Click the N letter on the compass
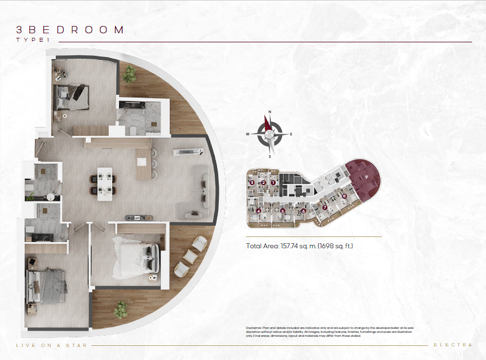tap(270, 112)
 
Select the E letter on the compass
tap(291, 134)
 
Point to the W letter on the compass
tap(248, 134)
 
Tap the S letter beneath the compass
tap(269, 156)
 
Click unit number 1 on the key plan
tap(273, 182)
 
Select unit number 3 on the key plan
tap(251, 182)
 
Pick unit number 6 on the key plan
tap(303, 211)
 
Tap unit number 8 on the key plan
tap(344, 196)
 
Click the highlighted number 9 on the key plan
tap(366, 177)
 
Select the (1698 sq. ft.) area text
tap(335, 246)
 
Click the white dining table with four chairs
tap(104, 184)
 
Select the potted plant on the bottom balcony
tap(120, 309)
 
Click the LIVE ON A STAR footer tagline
tap(51, 345)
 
